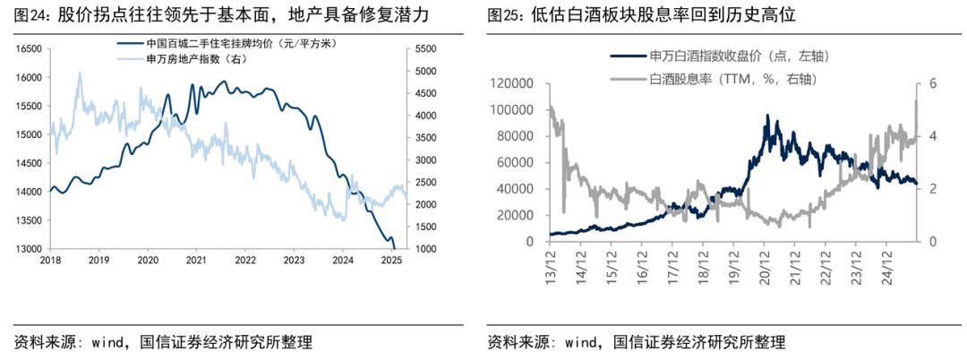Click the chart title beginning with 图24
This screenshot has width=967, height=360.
(x=234, y=15)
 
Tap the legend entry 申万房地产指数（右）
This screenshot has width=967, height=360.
(x=188, y=58)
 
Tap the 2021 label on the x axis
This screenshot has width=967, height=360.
(x=196, y=261)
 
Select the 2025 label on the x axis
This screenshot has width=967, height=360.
(x=390, y=261)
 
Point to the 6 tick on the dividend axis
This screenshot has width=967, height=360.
(x=932, y=83)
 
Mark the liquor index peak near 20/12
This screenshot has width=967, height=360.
(x=767, y=116)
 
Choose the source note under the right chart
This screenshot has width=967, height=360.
(x=637, y=342)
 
